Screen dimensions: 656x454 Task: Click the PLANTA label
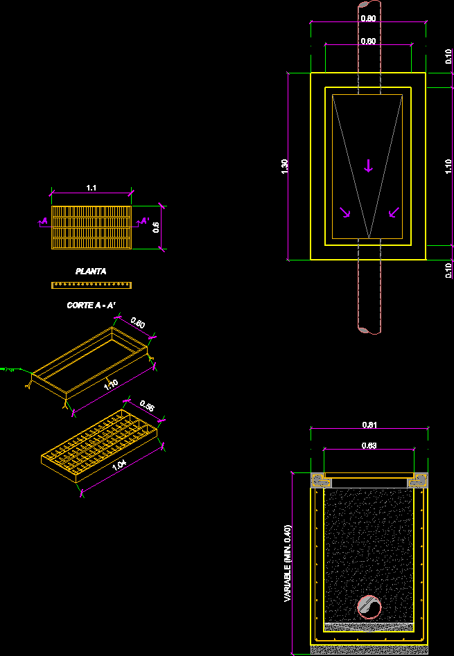(91, 272)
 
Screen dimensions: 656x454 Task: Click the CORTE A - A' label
(90, 305)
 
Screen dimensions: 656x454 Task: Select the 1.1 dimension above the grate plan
(91, 188)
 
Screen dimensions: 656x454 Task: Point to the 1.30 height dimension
(285, 167)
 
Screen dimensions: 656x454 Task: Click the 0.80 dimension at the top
(369, 18)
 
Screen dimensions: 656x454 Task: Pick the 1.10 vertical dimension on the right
(448, 167)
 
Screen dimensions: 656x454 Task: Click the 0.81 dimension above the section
(369, 425)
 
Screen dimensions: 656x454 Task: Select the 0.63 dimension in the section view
(369, 445)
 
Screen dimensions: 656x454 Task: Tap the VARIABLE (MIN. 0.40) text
(287, 563)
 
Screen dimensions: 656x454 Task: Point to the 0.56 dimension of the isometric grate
(147, 405)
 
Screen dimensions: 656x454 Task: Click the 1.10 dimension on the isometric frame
(110, 384)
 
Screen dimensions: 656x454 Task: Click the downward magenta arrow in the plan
(369, 165)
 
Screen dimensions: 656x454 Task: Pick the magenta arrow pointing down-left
(393, 212)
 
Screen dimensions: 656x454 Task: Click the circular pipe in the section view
(369, 607)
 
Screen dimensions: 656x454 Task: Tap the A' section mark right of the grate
(145, 221)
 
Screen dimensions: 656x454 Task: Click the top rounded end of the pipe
(369, 5)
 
